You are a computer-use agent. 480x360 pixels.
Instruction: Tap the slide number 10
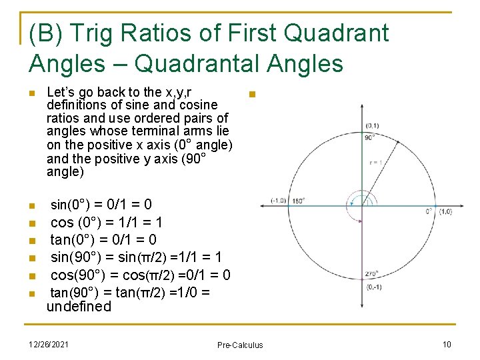(447, 343)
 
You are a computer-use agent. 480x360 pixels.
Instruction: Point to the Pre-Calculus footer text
(240, 345)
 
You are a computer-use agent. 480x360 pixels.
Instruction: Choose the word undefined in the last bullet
(79, 307)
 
